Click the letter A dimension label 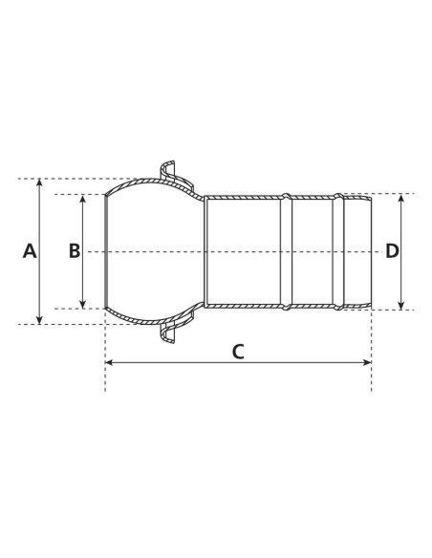tap(29, 251)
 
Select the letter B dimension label tap(75, 251)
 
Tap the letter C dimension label tap(238, 351)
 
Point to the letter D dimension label tap(392, 251)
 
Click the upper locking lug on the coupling tap(169, 172)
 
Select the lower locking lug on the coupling tap(169, 332)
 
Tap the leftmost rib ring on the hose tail tap(285, 251)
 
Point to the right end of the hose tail tap(370, 251)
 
